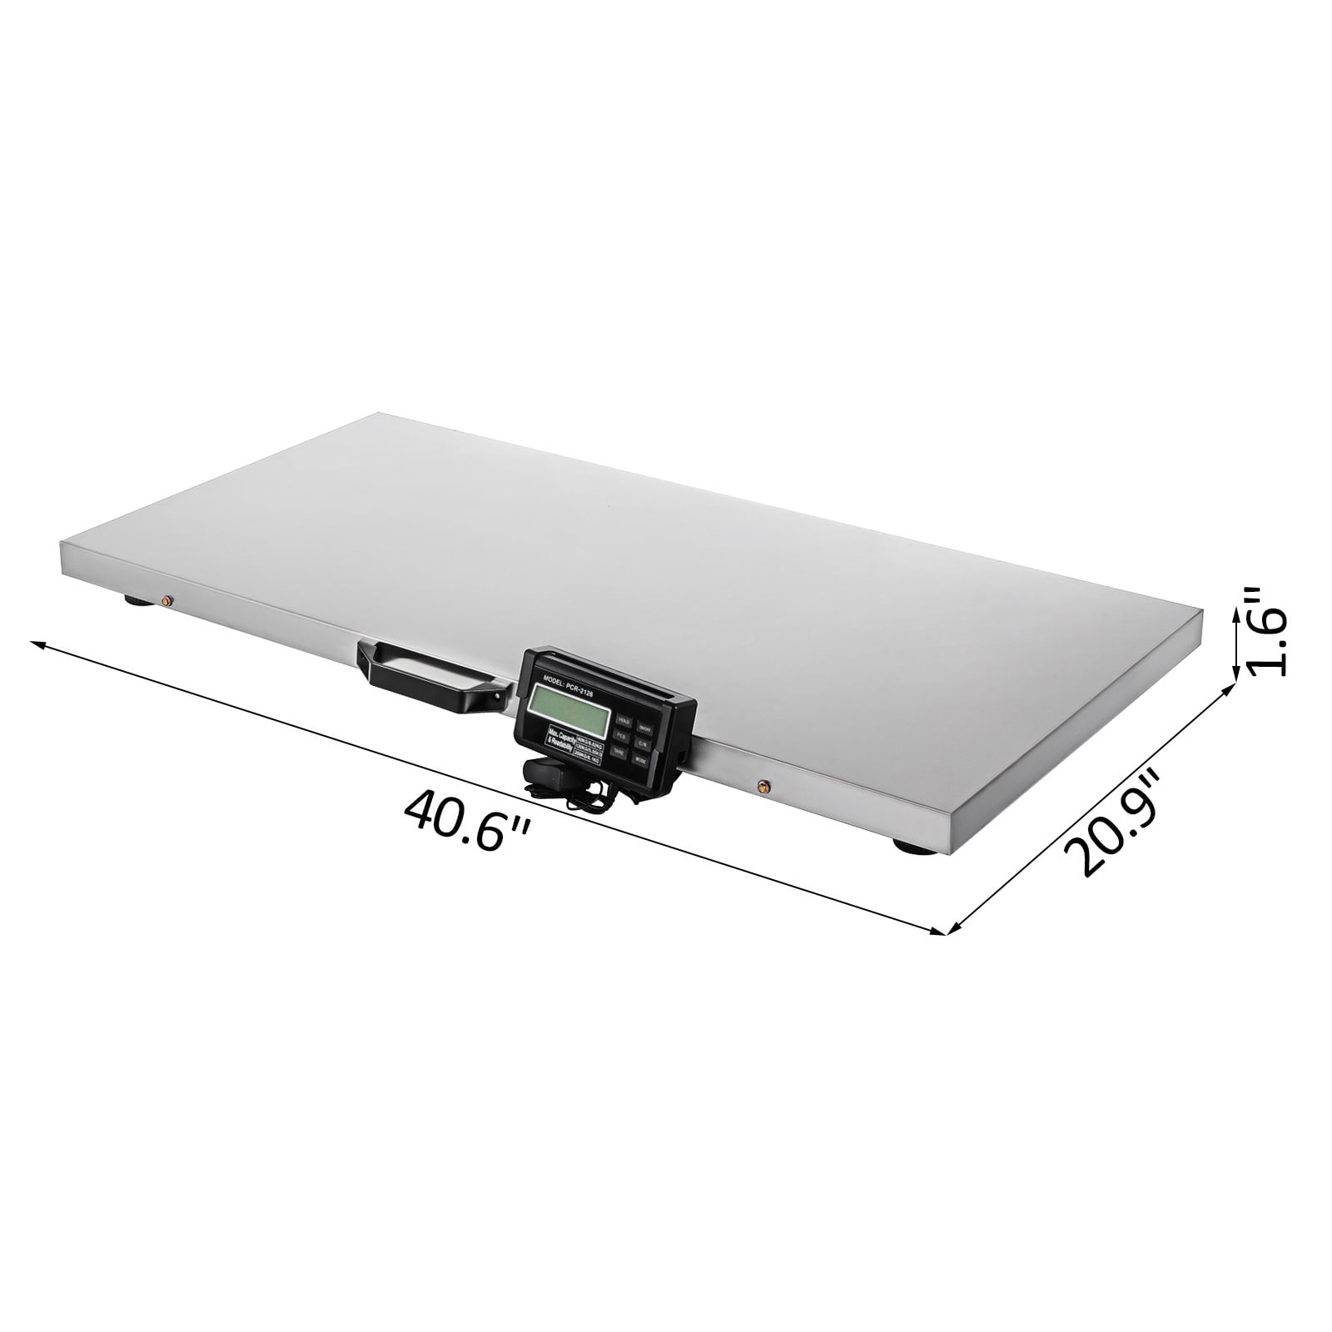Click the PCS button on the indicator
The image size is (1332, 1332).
(x=620, y=735)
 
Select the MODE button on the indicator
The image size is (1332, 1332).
(x=639, y=760)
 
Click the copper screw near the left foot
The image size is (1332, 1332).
(x=167, y=601)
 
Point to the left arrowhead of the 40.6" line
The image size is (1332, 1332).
(x=35, y=644)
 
